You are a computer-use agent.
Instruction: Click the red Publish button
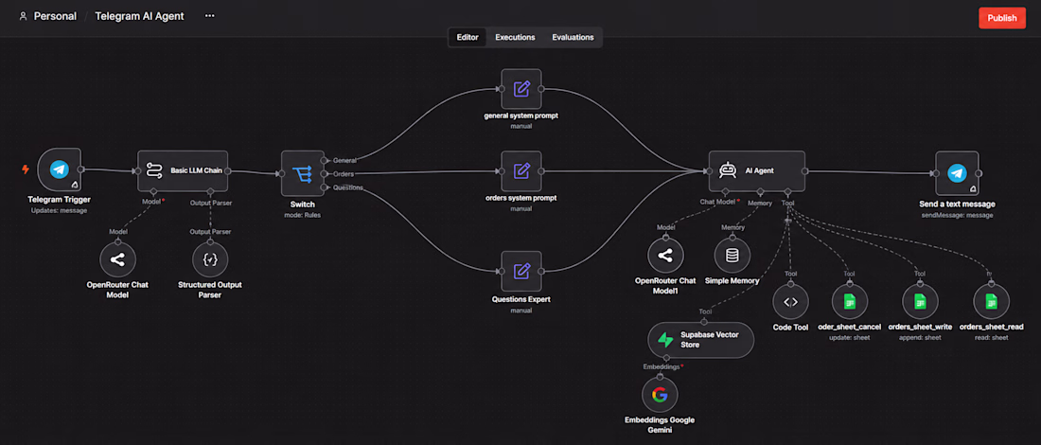[1002, 18]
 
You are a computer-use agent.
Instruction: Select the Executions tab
[515, 37]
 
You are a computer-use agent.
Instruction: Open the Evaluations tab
[573, 37]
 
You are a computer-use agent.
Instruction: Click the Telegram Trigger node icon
[59, 170]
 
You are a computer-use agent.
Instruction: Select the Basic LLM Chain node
[184, 171]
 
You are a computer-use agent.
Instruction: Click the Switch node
[303, 172]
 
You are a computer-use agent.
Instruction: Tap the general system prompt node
[521, 89]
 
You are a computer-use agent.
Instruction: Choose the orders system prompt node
[521, 171]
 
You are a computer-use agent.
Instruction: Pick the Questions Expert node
[521, 271]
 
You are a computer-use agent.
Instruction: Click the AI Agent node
[757, 170]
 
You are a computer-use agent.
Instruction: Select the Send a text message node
[957, 172]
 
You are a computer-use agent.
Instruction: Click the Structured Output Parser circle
[210, 259]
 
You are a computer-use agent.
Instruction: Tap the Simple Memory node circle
[732, 256]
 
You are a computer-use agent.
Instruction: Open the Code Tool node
[791, 302]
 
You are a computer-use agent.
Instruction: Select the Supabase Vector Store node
[701, 340]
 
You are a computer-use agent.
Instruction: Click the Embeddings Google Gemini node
[660, 396]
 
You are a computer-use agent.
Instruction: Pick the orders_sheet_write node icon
[920, 302]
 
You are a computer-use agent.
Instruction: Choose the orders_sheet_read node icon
[991, 302]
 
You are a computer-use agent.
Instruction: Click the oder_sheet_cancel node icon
[849, 302]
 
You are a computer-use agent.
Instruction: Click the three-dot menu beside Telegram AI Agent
[210, 15]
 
